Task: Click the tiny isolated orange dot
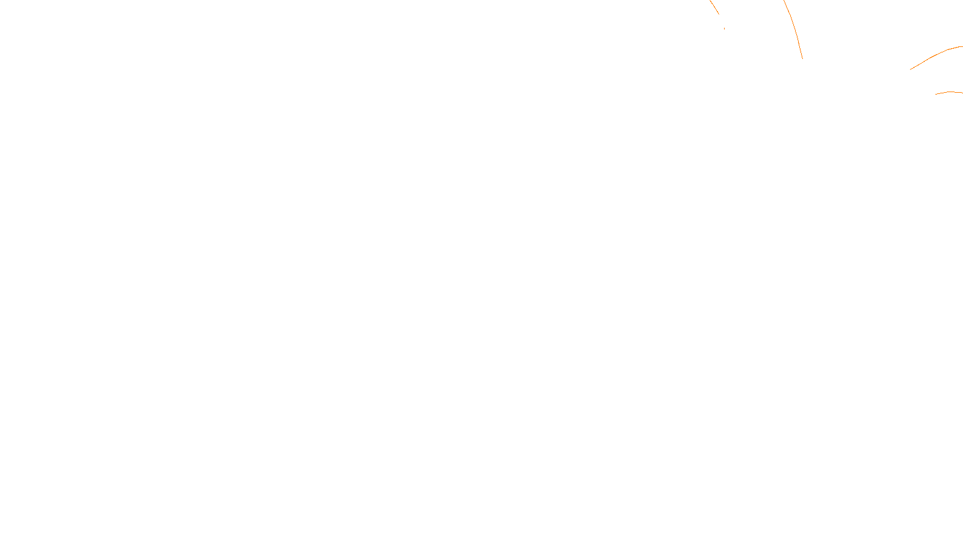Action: [724, 28]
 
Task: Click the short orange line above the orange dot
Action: [714, 7]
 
